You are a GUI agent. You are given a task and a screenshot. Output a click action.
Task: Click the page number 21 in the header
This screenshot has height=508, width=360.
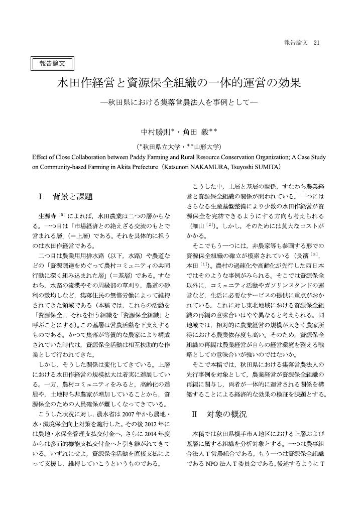316,43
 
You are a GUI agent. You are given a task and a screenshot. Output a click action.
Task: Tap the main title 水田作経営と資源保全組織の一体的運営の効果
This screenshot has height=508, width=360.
179,83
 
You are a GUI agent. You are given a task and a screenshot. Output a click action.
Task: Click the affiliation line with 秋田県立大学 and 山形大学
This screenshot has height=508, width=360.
179,147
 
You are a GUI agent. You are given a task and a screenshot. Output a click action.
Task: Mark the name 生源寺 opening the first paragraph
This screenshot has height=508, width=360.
47,215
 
